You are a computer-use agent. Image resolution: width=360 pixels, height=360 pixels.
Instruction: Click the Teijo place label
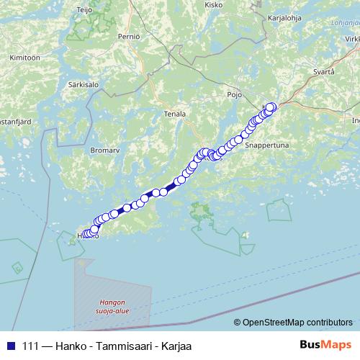pyautogui.click(x=85, y=11)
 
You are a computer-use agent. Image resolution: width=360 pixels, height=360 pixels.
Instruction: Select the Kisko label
pyautogui.click(x=214, y=4)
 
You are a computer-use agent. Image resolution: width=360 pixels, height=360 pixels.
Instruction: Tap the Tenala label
pyautogui.click(x=175, y=114)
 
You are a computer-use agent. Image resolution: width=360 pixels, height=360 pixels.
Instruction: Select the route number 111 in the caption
pyautogui.click(x=31, y=345)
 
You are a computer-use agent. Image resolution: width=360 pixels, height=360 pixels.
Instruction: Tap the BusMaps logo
pyautogui.click(x=325, y=344)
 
